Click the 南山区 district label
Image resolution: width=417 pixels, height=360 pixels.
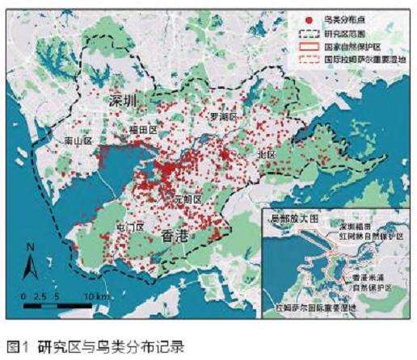79,140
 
